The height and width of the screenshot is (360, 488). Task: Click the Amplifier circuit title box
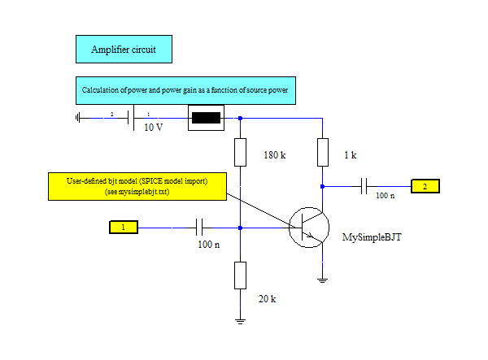(x=124, y=49)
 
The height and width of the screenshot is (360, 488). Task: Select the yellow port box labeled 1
(x=124, y=227)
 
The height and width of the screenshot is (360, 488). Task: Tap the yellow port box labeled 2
(x=425, y=186)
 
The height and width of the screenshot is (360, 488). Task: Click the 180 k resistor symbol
(x=240, y=152)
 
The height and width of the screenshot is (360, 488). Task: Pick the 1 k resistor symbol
(x=323, y=152)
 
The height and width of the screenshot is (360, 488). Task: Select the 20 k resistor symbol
(x=240, y=275)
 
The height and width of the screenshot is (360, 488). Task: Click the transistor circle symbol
(x=309, y=228)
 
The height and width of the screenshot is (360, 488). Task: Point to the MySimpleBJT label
(x=372, y=237)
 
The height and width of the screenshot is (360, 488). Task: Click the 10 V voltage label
(x=153, y=127)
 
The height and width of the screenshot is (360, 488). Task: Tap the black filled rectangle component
(x=206, y=118)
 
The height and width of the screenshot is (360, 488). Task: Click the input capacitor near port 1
(x=199, y=228)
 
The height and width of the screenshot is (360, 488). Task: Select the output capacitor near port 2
(x=364, y=186)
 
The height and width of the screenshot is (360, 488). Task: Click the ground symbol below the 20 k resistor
(x=240, y=322)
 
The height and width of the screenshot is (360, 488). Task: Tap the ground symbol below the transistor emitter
(x=322, y=280)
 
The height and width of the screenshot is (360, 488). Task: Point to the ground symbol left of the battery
(x=77, y=118)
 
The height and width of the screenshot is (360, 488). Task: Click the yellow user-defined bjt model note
(x=137, y=187)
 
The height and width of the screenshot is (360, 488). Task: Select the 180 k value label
(x=275, y=155)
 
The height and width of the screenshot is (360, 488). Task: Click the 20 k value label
(x=267, y=299)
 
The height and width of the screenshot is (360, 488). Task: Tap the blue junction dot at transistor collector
(x=322, y=187)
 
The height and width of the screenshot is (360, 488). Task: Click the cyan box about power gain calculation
(x=185, y=90)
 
